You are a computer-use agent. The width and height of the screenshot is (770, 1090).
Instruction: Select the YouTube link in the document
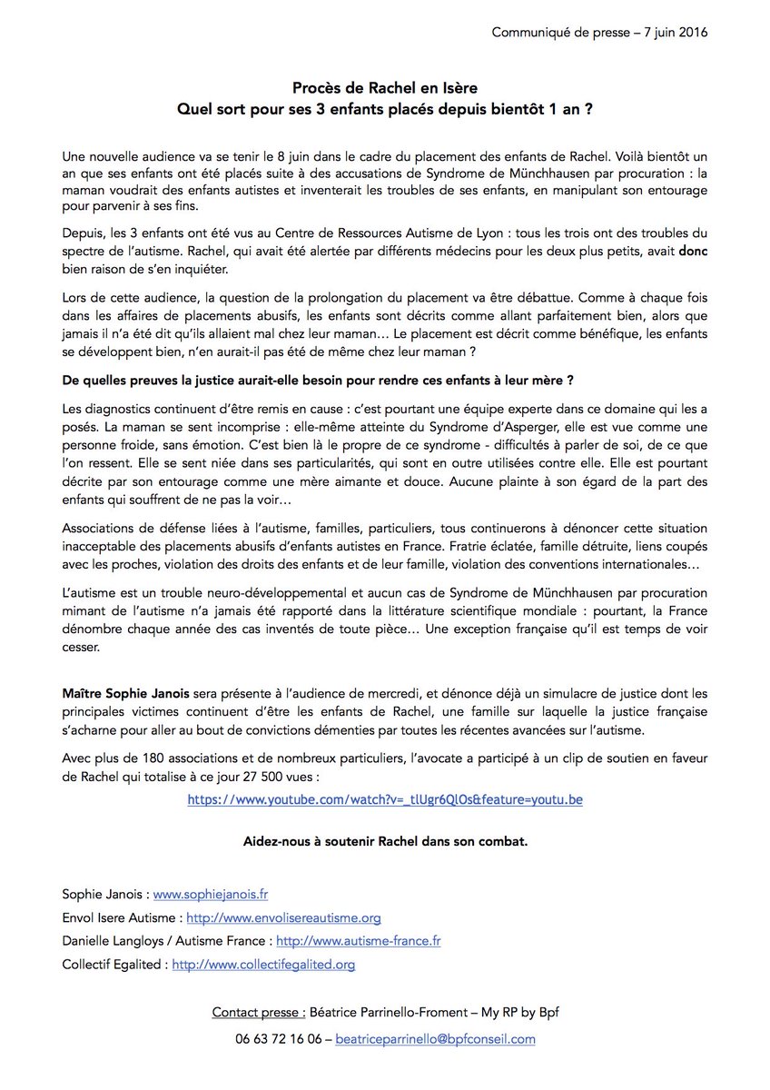385,799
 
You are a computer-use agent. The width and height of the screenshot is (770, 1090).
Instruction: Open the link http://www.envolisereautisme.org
295,918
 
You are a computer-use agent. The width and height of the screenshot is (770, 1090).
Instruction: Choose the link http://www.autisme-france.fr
358,941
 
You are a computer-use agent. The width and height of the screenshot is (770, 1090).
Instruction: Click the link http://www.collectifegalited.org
263,965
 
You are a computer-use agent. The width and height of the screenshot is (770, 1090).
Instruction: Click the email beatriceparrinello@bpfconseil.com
435,1039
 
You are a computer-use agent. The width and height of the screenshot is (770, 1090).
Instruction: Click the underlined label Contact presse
259,1012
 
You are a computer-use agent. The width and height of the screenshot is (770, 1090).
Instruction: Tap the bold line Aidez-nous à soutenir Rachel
385,841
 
